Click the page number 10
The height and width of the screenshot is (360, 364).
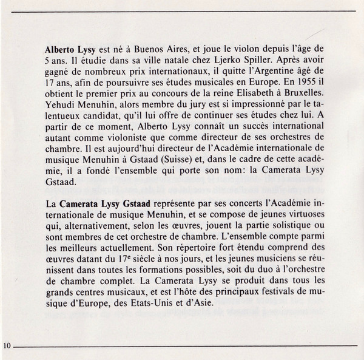tap(7, 345)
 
